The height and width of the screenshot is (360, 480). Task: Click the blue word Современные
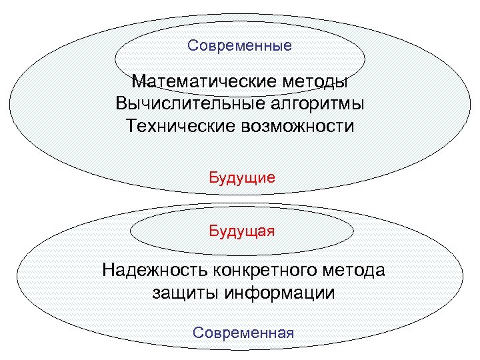(x=239, y=46)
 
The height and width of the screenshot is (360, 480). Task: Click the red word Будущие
(x=242, y=178)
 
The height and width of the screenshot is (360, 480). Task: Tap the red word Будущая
(x=242, y=231)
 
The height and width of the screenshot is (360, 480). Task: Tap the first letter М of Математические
(x=138, y=83)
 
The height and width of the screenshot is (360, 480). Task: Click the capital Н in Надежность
(x=108, y=271)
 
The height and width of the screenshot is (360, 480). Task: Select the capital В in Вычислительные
(x=121, y=105)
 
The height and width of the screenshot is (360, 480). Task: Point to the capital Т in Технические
(x=130, y=126)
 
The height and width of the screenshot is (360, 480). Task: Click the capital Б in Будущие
(x=214, y=178)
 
